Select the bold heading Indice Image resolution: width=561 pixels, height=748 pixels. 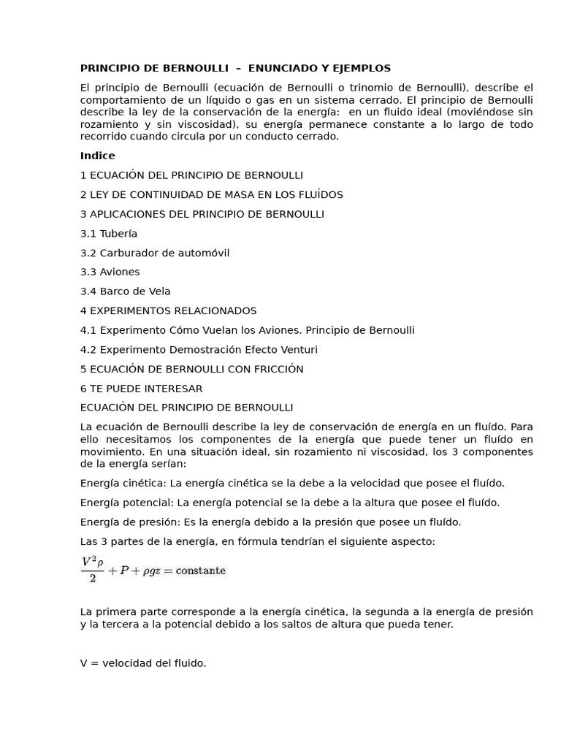[97, 156]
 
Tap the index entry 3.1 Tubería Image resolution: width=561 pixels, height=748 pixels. [109, 234]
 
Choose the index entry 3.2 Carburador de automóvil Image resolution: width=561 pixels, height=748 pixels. [155, 253]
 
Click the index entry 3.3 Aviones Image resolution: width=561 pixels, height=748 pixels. [110, 272]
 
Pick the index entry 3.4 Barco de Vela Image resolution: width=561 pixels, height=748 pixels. [125, 291]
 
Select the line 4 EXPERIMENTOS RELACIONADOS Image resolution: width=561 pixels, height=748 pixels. [168, 310]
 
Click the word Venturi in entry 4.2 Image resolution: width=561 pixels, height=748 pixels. [298, 350]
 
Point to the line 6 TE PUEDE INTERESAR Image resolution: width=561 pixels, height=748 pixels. [141, 389]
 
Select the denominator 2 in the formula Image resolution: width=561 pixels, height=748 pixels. [92, 579]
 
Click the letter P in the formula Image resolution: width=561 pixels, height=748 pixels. [124, 570]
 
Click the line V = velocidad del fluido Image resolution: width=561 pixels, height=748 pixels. [143, 663]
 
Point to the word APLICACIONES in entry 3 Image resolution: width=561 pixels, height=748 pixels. [124, 214]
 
